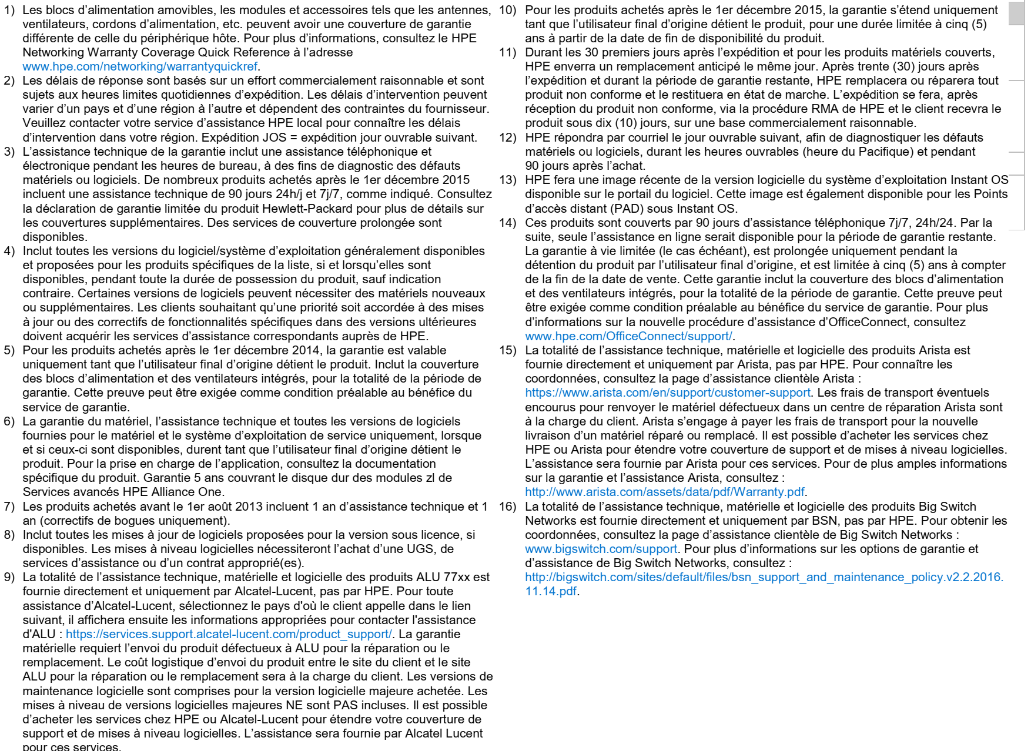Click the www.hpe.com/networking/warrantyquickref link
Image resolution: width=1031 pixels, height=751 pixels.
(x=140, y=66)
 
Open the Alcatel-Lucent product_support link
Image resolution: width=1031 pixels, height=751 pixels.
(x=228, y=634)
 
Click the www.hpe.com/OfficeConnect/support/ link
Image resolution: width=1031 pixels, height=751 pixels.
(x=628, y=336)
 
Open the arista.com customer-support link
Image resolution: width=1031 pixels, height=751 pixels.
(x=667, y=393)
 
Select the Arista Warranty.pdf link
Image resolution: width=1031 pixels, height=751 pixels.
(x=664, y=492)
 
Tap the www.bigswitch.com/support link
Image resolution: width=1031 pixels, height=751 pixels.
(x=601, y=549)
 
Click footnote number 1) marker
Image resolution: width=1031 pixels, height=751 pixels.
(x=9, y=10)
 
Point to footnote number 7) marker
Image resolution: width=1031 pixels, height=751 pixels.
(x=9, y=507)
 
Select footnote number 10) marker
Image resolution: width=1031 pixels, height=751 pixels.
(x=507, y=10)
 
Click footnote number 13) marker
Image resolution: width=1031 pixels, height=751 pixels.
(x=507, y=180)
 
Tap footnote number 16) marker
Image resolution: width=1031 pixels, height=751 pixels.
(x=507, y=507)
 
